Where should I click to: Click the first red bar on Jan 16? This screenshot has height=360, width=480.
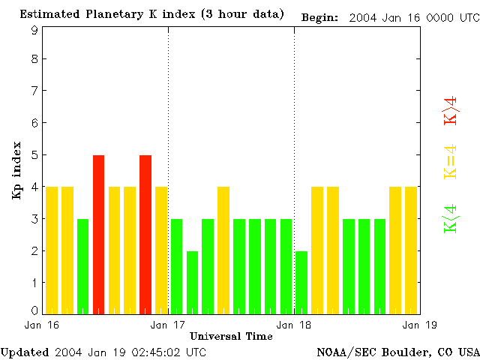point(98,234)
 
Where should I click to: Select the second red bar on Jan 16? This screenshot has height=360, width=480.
point(145,234)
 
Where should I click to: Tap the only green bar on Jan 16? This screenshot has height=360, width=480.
point(82,266)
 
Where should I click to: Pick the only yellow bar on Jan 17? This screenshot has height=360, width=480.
point(223,250)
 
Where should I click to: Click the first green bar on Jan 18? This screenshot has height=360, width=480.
point(301,282)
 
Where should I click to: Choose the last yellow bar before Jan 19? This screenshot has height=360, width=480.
point(411,250)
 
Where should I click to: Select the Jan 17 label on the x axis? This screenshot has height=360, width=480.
point(169,325)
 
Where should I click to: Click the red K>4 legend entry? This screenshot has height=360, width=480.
point(451,111)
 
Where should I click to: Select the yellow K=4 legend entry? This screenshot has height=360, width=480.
point(451,161)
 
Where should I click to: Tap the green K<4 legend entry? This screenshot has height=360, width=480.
point(451,217)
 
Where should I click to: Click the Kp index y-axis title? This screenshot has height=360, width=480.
point(16,169)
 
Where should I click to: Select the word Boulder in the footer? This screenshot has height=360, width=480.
point(405,352)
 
